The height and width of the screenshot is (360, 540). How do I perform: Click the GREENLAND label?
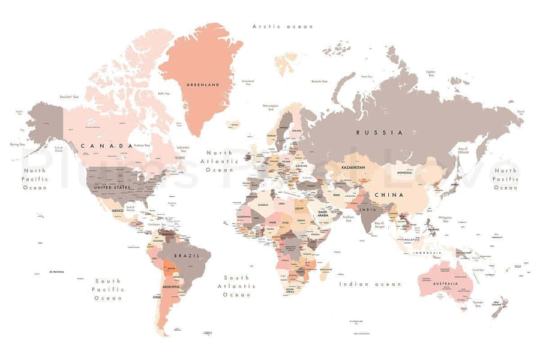(202, 85)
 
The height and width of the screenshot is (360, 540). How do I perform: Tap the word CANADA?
(106, 146)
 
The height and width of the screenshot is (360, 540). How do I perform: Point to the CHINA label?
(389, 195)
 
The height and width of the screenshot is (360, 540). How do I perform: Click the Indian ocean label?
(370, 284)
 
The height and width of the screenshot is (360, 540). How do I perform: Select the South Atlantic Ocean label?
(236, 286)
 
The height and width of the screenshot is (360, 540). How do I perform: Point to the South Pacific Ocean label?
(107, 289)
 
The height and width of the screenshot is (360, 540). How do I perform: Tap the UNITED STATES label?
(113, 187)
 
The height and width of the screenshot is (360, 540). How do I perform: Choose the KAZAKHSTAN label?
(353, 167)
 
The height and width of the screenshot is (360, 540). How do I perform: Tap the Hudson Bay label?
(142, 145)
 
